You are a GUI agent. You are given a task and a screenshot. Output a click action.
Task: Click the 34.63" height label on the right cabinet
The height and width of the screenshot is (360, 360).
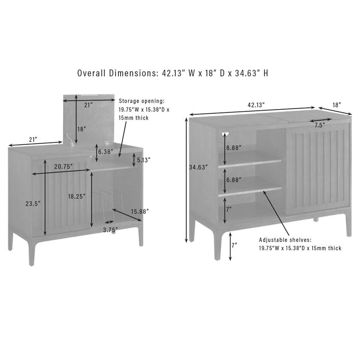pos(198,167)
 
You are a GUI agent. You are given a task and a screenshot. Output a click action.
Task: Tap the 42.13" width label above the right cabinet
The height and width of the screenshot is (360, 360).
pos(256,105)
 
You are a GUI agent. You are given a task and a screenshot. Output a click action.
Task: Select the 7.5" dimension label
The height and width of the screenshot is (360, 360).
pos(320,125)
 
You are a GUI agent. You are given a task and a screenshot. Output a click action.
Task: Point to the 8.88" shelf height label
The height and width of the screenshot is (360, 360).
pos(234,148)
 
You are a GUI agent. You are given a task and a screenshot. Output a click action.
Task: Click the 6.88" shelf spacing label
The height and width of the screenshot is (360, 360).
pos(234,179)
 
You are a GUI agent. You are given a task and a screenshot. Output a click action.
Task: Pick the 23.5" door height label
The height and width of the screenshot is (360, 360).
pos(33,203)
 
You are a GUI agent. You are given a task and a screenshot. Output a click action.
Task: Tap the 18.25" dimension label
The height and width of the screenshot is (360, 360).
pos(77,196)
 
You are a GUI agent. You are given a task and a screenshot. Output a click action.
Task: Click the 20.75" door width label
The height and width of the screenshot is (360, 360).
pos(63,167)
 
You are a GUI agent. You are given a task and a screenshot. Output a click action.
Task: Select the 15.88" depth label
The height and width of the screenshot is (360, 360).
pos(140,211)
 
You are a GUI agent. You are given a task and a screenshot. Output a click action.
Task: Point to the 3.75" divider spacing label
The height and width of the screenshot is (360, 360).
pos(111,230)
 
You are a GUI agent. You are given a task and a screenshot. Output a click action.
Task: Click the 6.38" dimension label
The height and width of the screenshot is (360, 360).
pos(105,152)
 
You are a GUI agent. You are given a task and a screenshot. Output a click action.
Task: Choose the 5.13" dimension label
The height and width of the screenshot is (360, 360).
pos(143,160)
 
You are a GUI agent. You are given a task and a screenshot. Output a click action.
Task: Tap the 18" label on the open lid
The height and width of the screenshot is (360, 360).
pos(82,129)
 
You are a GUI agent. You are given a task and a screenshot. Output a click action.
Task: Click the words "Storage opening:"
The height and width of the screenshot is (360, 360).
pos(141,101)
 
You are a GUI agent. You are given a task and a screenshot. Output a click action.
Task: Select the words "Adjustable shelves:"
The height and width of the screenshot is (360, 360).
pos(285,240)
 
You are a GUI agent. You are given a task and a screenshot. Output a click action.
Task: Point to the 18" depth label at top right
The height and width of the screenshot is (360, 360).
pos(337,105)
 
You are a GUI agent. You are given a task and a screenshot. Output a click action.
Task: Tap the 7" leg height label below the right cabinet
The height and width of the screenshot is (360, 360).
pos(234,245)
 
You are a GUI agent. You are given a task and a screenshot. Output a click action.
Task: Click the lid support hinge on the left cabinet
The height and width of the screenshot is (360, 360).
pos(70,140)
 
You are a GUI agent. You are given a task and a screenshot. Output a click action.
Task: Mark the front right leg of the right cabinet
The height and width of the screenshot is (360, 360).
pos(348,222)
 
